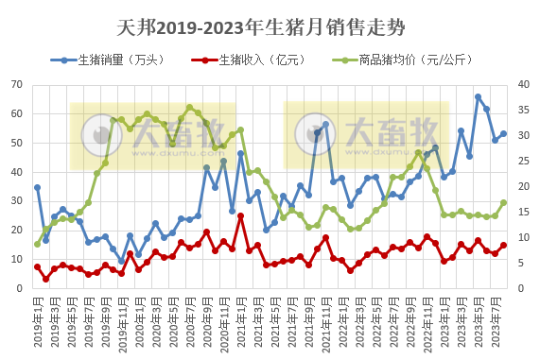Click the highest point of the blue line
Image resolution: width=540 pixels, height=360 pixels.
coord(479,96)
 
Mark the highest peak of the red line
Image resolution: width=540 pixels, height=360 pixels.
coord(241,215)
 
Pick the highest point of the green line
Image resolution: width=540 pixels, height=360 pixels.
coord(190,108)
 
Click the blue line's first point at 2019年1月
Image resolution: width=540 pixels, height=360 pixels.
coord(38,187)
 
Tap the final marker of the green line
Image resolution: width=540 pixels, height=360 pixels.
coord(504,202)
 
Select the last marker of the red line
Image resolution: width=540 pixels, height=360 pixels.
coord(504,245)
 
